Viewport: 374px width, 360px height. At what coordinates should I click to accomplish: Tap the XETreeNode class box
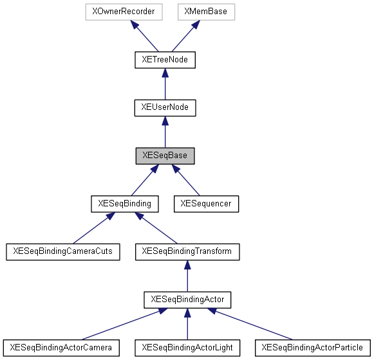pos(165,60)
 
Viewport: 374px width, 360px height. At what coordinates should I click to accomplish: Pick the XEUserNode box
pos(165,107)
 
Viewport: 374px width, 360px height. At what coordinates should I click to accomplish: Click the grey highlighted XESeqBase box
pos(165,156)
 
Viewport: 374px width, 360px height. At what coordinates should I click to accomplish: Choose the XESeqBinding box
pos(125,204)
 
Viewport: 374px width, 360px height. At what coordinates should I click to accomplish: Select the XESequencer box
pos(206,204)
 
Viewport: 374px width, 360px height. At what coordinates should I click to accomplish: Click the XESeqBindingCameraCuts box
pos(63,251)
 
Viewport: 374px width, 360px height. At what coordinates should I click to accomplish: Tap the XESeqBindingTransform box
pos(187,251)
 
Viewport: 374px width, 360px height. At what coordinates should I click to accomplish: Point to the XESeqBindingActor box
pos(187,300)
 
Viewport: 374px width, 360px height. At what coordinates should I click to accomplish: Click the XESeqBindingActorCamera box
pos(61,348)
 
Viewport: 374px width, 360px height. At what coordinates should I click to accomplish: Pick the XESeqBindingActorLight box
pos(187,348)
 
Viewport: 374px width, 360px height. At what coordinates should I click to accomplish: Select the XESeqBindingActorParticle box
pos(313,348)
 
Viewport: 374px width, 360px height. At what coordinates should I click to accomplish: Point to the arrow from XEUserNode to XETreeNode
pos(165,84)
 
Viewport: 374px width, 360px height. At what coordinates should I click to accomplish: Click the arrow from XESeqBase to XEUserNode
pos(165,132)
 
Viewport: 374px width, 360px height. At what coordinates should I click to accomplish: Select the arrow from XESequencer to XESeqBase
pos(186,180)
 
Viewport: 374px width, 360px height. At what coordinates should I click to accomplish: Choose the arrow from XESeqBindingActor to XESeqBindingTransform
pos(187,276)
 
